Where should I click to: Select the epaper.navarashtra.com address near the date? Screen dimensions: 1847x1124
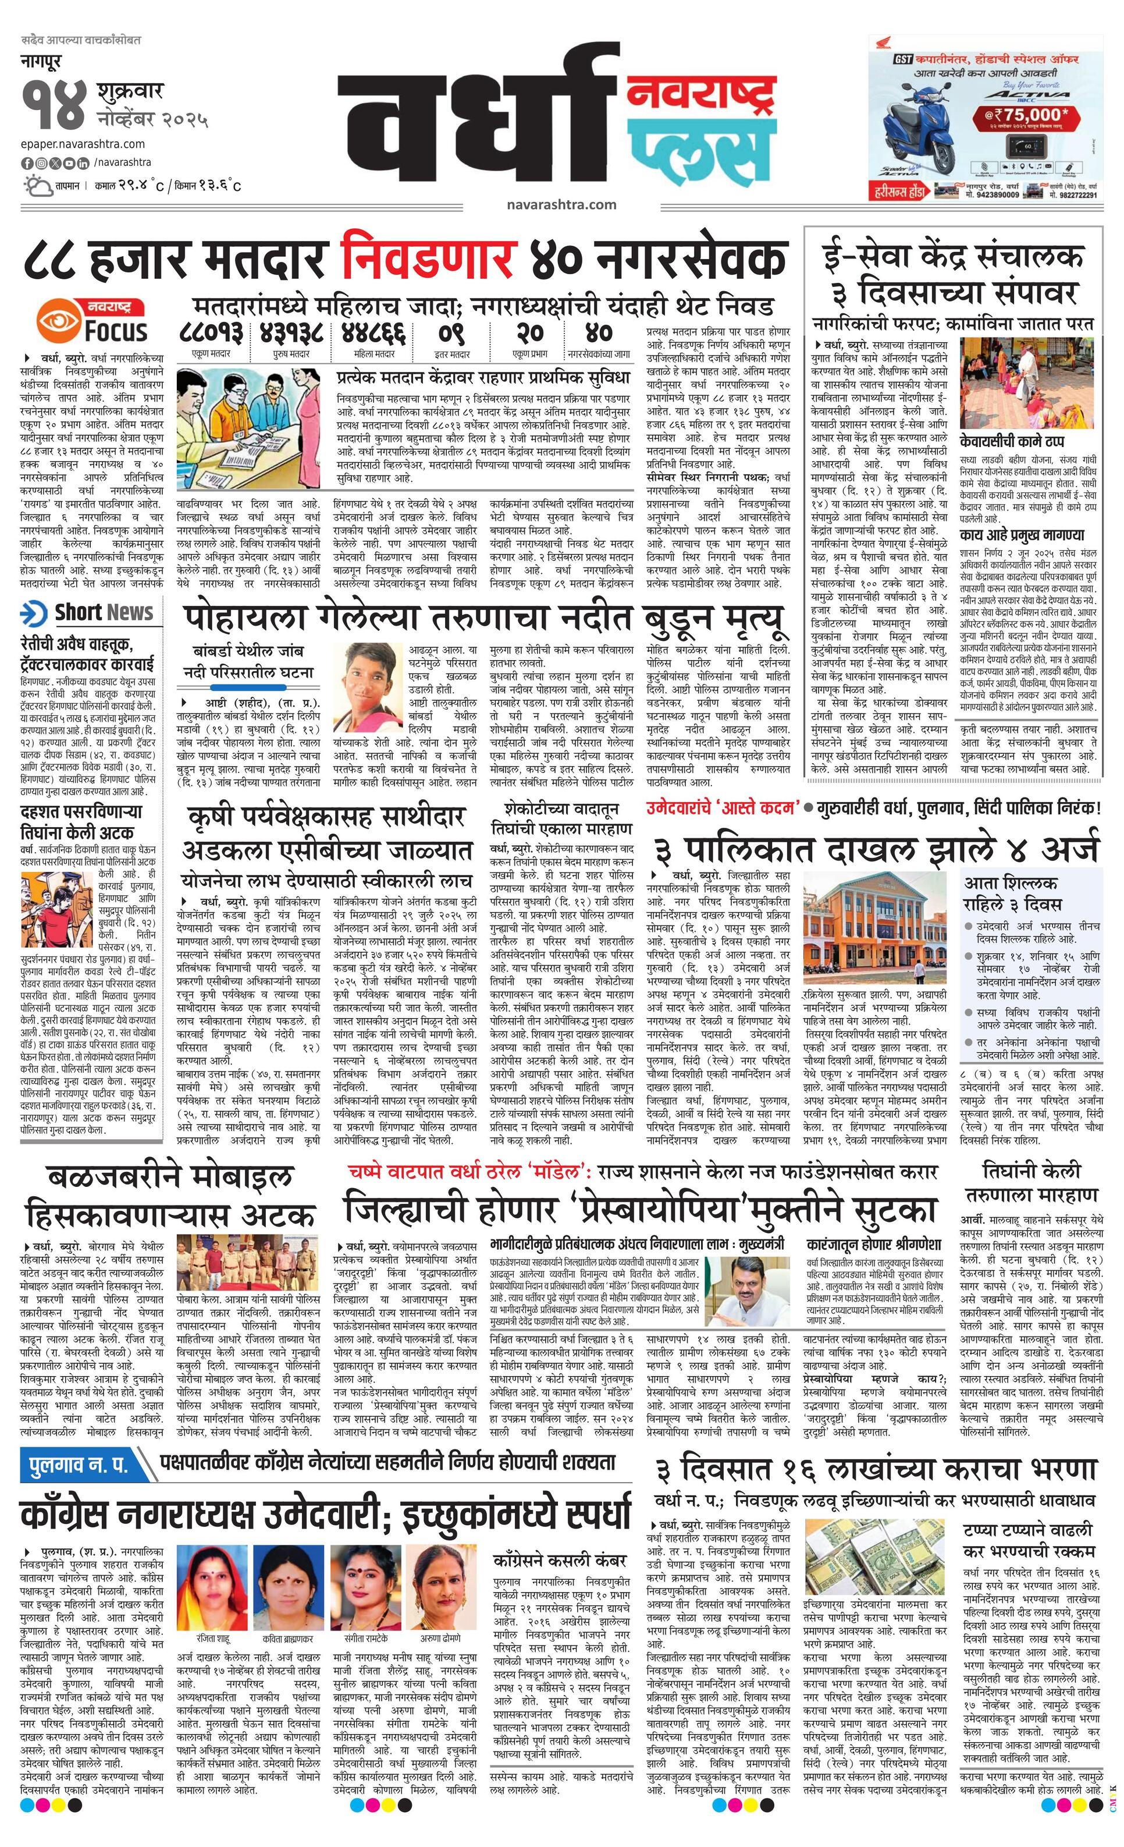[83, 144]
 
